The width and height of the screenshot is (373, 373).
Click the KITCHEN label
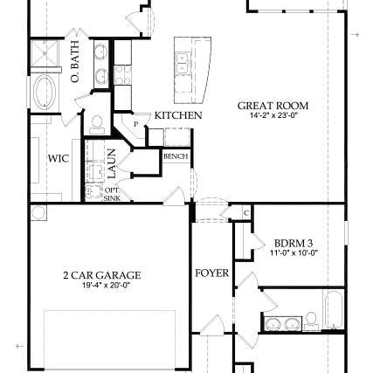pos(178,115)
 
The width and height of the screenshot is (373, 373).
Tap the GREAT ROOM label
pos(273,106)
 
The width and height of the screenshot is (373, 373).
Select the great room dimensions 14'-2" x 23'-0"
pos(273,114)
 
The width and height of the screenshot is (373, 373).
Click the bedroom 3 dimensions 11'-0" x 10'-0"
pos(293,252)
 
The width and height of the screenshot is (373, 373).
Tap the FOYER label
pos(211,273)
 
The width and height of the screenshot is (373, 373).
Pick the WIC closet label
pos(59,159)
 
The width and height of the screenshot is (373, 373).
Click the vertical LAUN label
pos(113,163)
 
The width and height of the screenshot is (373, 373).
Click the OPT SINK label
pos(112,193)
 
